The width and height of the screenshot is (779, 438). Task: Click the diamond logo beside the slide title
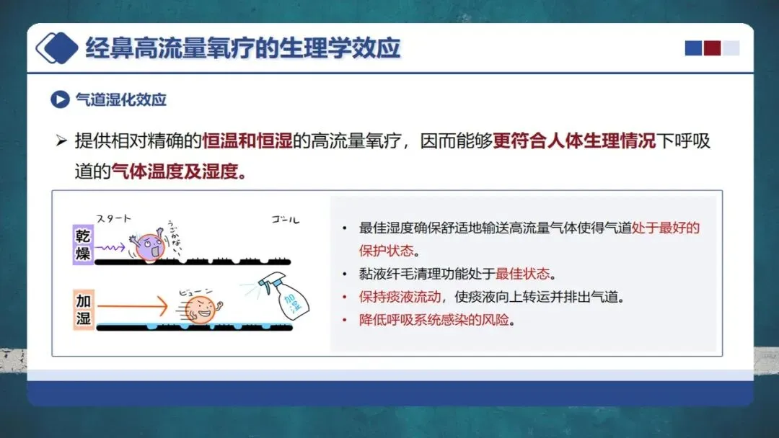(57, 48)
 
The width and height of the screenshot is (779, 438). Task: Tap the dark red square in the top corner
(712, 48)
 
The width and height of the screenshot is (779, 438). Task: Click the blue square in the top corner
(694, 48)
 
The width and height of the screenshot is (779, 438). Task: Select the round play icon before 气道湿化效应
(60, 99)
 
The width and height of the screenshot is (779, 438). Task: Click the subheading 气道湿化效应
(120, 99)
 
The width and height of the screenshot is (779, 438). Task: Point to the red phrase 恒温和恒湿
(247, 141)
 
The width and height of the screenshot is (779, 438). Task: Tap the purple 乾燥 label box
(83, 244)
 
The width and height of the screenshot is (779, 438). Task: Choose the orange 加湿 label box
(83, 309)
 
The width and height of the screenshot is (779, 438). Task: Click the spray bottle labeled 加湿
(286, 295)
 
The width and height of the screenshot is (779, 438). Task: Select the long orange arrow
(133, 306)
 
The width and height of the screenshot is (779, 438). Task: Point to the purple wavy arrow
(110, 247)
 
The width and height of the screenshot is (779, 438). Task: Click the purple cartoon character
(149, 245)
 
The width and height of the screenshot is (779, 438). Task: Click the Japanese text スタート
(114, 218)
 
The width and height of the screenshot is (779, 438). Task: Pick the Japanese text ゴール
(285, 219)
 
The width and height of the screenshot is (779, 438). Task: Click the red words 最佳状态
(523, 273)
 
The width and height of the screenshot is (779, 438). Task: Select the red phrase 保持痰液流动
(400, 297)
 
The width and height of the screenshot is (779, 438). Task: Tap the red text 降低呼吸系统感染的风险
(434, 320)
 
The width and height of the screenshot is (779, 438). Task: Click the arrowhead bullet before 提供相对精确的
(61, 141)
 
